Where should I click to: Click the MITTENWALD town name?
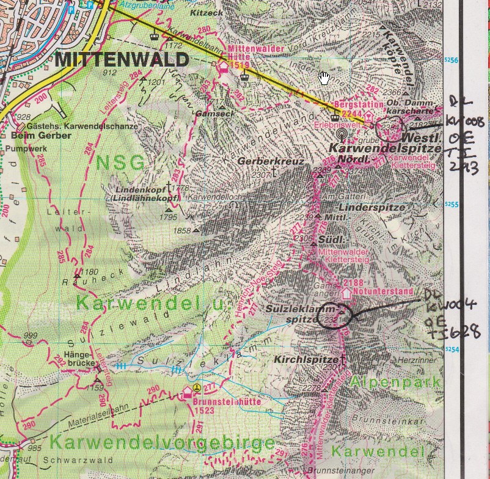(x=122, y=60)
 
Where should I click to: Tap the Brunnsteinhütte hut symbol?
(x=188, y=394)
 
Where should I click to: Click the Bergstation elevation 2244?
(x=353, y=113)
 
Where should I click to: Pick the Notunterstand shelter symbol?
(x=347, y=293)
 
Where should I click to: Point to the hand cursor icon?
(x=324, y=78)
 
